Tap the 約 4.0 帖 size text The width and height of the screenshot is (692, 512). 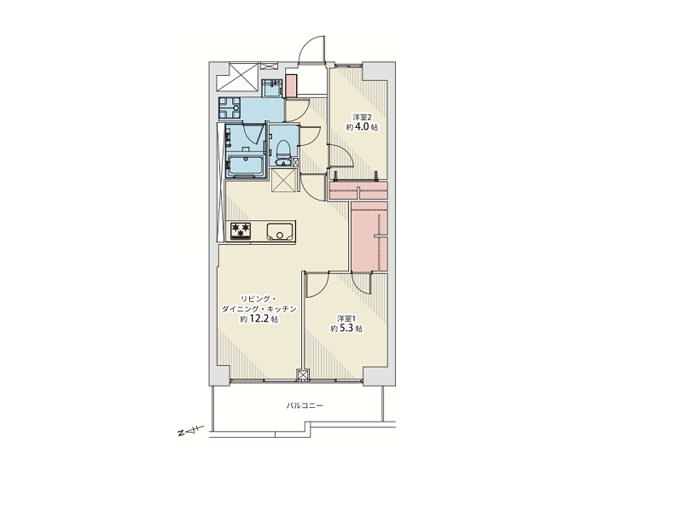pos(362,127)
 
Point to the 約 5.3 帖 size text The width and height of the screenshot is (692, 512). pos(347,329)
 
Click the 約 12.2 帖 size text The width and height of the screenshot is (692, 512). pos(259,319)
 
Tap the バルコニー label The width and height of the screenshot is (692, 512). pos(305,405)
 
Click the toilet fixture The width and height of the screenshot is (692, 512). pos(283,149)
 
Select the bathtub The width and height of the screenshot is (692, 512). pos(246,166)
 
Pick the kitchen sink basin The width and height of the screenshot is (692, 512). pos(279,231)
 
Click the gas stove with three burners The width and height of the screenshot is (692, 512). pos(241,231)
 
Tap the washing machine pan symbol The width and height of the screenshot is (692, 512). pos(230,108)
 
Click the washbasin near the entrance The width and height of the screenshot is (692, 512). pos(271,88)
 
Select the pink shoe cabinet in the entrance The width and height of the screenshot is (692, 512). pos(291,85)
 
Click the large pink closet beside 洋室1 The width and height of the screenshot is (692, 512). pos(369,236)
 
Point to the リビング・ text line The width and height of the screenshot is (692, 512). pos(259,299)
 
